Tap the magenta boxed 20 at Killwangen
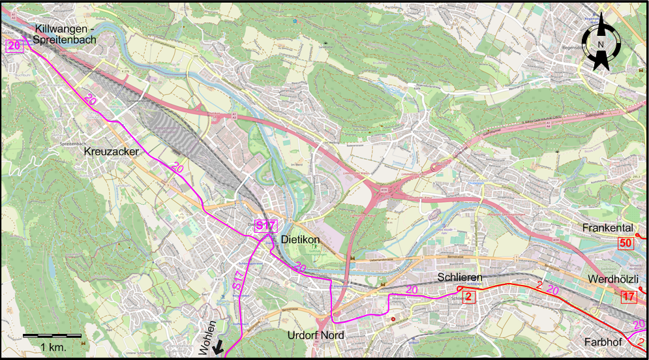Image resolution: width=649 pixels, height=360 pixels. coord(14,46)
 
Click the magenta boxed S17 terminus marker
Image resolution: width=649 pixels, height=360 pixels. coord(266,226)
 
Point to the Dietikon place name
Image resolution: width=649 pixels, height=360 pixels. coord(299,240)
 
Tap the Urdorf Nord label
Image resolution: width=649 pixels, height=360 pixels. coord(316,336)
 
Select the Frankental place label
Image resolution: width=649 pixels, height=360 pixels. coord(608,228)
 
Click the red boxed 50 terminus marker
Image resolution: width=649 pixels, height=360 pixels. coord(626,243)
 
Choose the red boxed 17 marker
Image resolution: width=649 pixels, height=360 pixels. coord(628,297)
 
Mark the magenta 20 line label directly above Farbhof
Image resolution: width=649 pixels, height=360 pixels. coord(639,324)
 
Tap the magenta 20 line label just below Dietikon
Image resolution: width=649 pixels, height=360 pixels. coord(299,267)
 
